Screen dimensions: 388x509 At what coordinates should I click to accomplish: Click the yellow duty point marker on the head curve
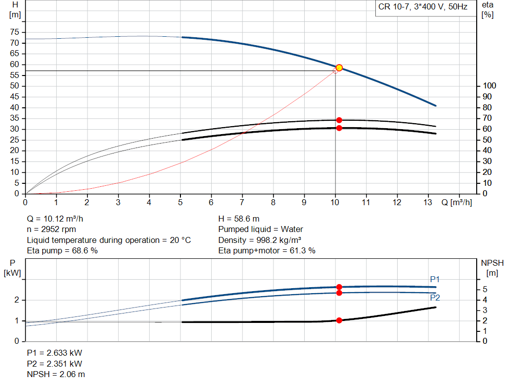point(339,68)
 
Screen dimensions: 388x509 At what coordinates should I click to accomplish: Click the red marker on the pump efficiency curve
point(339,120)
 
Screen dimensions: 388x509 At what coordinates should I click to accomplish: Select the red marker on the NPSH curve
point(339,320)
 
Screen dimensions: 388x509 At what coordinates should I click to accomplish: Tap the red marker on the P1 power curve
point(339,287)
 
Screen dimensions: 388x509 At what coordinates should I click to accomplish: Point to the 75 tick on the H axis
point(14,32)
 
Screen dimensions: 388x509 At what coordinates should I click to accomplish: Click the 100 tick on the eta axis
point(489,86)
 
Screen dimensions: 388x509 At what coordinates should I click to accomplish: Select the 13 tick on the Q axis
point(427,202)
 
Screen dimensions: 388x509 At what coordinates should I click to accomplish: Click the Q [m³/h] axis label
point(456,202)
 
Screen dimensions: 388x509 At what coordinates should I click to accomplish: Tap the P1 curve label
point(435,280)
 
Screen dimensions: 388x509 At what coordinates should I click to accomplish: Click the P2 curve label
point(435,298)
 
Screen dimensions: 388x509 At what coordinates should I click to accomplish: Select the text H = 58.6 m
point(239,219)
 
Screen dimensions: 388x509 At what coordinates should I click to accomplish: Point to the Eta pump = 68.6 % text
point(62,251)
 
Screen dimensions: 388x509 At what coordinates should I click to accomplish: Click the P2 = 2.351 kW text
point(55,364)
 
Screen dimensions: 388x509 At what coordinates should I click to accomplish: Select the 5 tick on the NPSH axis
point(485,290)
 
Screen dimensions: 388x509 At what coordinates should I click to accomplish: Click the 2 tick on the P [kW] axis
point(16,300)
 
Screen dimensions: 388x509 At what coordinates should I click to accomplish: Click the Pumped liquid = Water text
point(260,230)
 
